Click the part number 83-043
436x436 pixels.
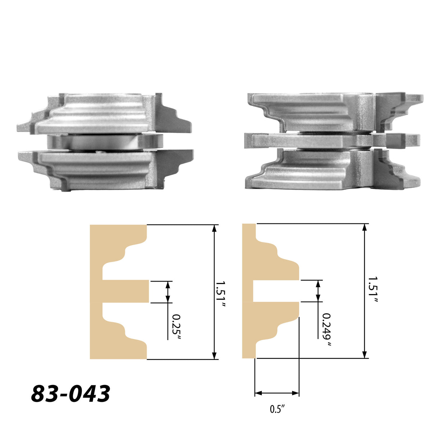(70, 394)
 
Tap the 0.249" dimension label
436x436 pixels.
(326, 330)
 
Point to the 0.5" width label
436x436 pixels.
(277, 409)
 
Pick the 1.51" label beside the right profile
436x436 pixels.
(372, 292)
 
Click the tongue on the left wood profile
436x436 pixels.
(126, 291)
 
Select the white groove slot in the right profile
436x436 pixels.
(275, 291)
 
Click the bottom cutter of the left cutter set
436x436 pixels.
(104, 169)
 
